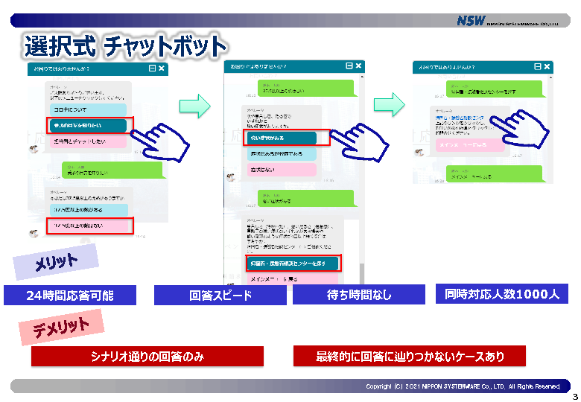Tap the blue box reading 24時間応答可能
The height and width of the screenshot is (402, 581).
click(70, 296)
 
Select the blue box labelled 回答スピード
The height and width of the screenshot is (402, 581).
click(220, 296)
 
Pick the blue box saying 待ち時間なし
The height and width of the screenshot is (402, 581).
click(359, 296)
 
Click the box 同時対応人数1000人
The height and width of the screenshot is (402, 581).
click(501, 294)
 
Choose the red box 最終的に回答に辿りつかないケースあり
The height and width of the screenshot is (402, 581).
click(410, 357)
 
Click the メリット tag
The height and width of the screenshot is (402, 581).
click(56, 262)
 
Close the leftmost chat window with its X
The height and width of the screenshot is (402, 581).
click(162, 68)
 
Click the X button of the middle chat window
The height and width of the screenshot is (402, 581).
click(358, 66)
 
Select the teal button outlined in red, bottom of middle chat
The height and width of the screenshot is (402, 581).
click(292, 264)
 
